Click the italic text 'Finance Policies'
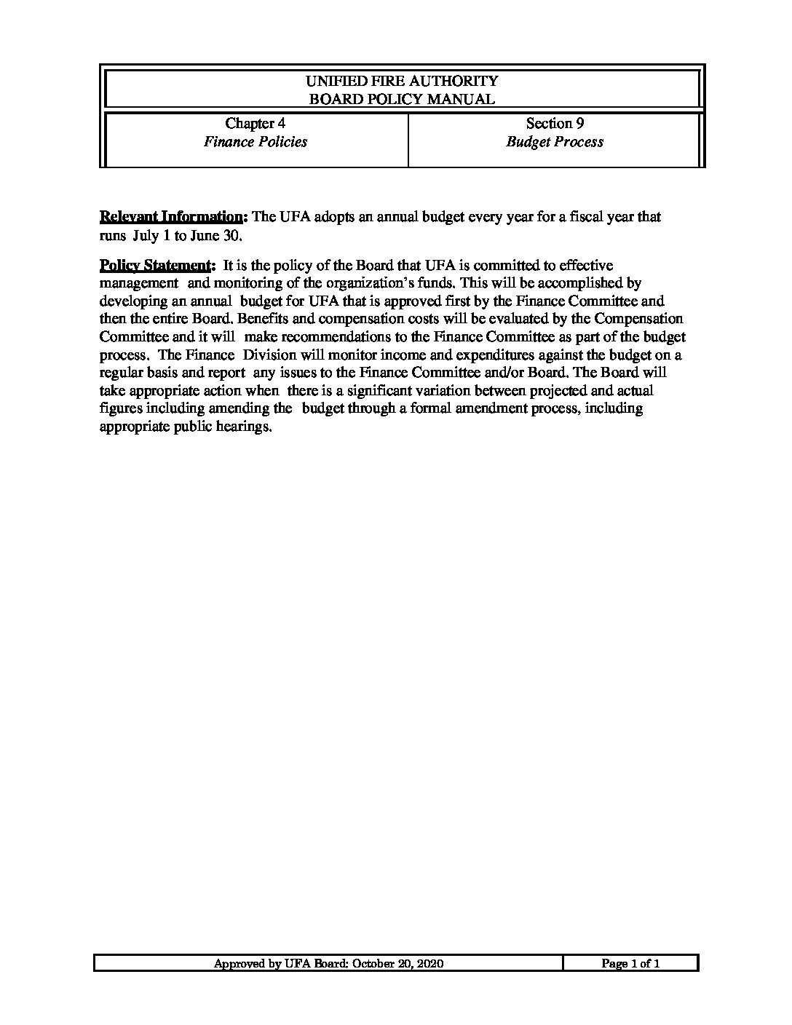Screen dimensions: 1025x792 (x=255, y=141)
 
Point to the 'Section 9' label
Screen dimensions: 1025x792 (x=555, y=123)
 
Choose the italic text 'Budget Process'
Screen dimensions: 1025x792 (x=555, y=141)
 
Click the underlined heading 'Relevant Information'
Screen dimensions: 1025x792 (x=173, y=217)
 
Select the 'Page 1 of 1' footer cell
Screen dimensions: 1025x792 (x=630, y=964)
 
